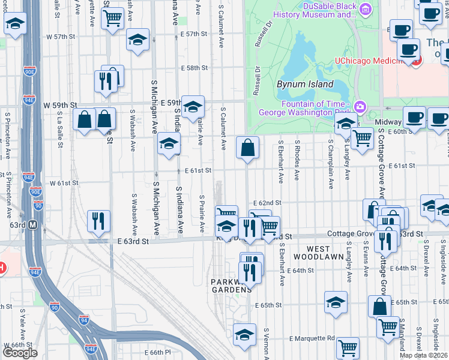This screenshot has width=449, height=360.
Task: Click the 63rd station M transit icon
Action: (33, 225)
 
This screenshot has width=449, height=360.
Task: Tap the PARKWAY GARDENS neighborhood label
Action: (230, 286)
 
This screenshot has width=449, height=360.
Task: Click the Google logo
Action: (20, 353)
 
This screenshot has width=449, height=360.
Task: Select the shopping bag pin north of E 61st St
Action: (247, 148)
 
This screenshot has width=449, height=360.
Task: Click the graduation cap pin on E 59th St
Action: (193, 107)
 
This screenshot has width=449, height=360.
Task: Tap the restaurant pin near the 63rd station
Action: (97, 221)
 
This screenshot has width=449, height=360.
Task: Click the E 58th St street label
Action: (194, 68)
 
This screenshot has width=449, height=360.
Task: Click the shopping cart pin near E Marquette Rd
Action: (348, 347)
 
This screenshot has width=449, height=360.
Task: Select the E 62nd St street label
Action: (267, 203)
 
